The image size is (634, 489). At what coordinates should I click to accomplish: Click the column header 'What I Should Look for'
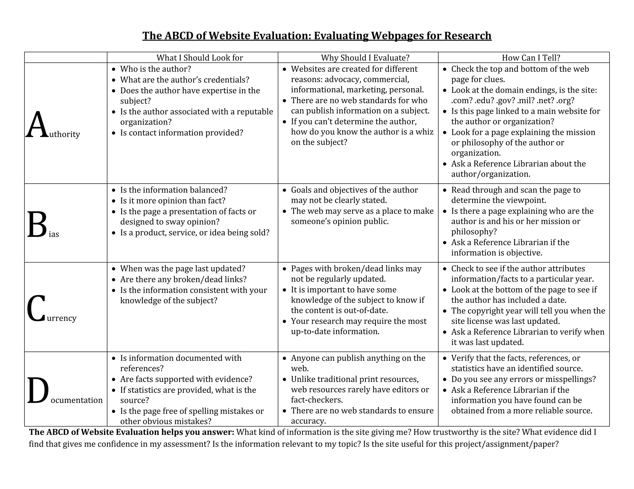[x=200, y=58]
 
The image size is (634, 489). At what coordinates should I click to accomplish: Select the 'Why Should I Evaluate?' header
[x=365, y=58]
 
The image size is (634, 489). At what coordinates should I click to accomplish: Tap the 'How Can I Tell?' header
[x=531, y=58]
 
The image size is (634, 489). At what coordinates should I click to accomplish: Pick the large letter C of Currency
[x=36, y=308]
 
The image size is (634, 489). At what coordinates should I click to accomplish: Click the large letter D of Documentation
[x=38, y=391]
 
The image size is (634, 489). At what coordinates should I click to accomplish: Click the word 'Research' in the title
[x=468, y=36]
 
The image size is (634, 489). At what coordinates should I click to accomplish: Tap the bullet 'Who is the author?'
[x=156, y=69]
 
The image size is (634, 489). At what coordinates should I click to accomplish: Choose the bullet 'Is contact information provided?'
[x=182, y=133]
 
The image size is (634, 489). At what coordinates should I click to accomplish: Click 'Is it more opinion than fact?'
[x=173, y=201]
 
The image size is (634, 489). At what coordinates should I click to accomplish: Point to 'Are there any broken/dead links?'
[x=183, y=279]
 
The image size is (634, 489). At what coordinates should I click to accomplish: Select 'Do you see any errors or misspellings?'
[x=523, y=379]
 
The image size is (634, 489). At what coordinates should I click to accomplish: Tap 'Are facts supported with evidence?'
[x=186, y=379]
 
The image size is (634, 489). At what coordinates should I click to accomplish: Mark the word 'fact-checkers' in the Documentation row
[x=317, y=400]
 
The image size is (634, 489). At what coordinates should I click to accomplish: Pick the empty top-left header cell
[x=66, y=57]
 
